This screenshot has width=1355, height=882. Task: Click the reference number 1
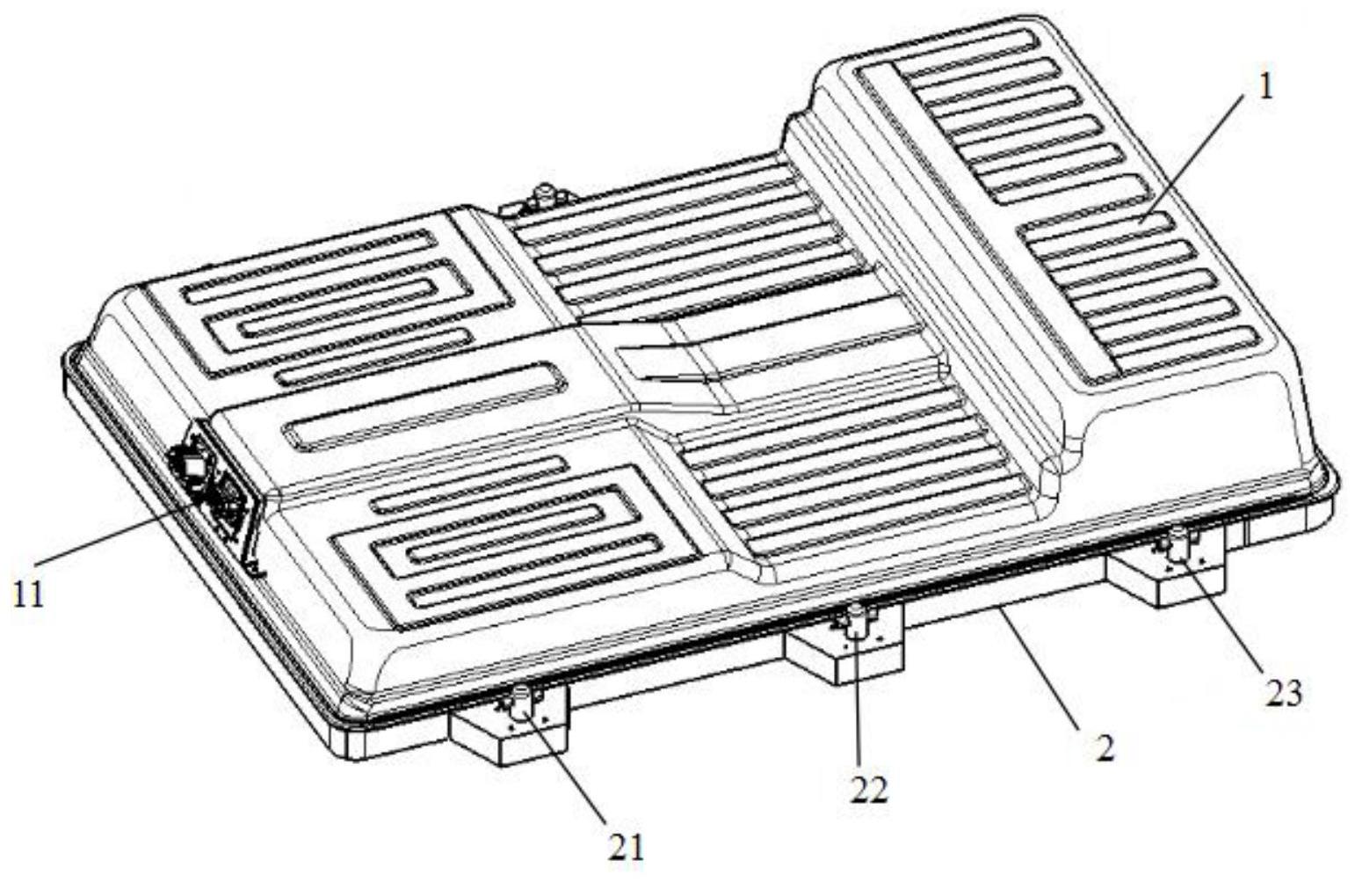[1264, 89]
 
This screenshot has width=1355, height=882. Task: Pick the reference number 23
[1283, 695]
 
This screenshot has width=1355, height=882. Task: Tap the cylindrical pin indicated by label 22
[857, 622]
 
